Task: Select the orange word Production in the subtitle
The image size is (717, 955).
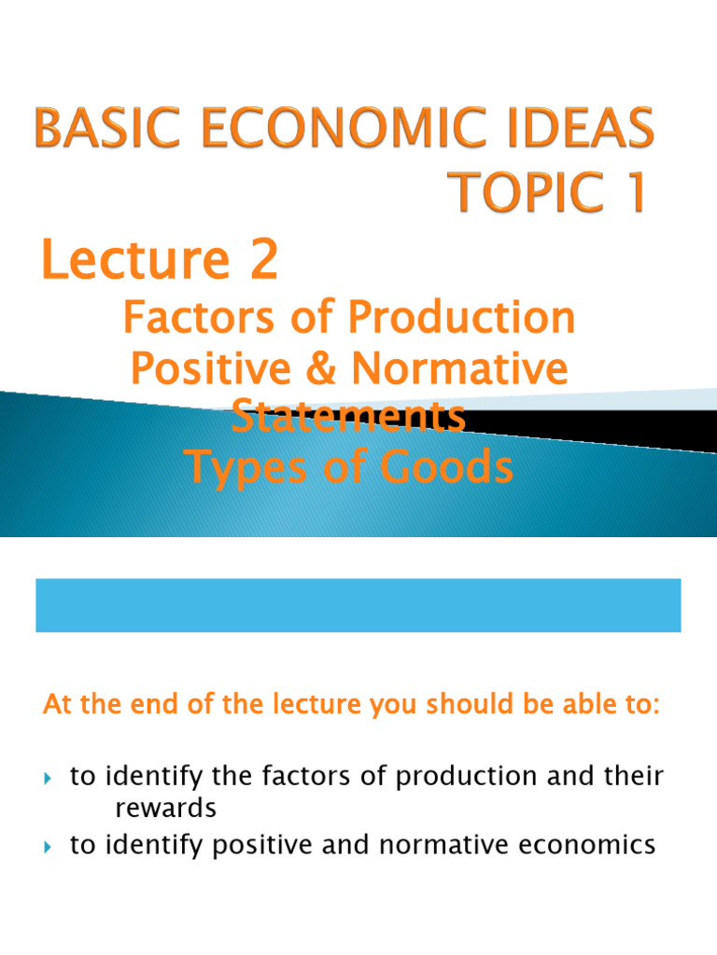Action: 463,320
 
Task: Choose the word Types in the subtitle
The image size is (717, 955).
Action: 245,467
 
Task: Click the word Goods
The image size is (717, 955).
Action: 450,467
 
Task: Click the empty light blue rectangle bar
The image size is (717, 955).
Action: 358,604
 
